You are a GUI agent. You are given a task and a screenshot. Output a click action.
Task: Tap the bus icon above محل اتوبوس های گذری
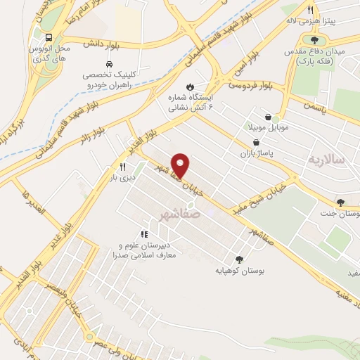tap(49, 38)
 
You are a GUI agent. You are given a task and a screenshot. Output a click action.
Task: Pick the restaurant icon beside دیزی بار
tap(122, 167)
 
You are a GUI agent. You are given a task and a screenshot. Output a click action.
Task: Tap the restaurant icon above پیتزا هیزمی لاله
tap(310, 11)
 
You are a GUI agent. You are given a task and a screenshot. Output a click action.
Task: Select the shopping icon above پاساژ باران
tap(256, 141)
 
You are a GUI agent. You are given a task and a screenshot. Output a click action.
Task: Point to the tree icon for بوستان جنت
tap(340, 202)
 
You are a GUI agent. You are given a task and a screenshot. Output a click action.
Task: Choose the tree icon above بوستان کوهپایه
tap(240, 259)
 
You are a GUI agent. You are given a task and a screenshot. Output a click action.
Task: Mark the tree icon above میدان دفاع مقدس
tap(314, 39)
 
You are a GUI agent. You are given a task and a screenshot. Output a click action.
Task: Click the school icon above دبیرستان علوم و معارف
tap(143, 234)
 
